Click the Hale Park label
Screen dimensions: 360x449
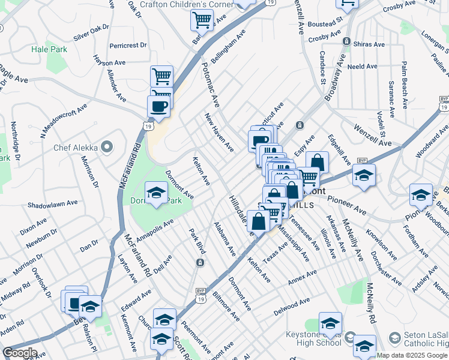click(49, 50)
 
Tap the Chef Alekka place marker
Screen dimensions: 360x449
click(107, 146)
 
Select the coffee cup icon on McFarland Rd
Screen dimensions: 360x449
click(158, 106)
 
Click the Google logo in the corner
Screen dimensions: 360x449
click(19, 353)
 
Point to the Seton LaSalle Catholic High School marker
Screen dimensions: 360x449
click(394, 338)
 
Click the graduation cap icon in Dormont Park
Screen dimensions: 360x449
click(157, 193)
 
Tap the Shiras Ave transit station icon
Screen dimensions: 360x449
click(346, 41)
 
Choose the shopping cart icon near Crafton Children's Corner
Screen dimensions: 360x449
click(202, 20)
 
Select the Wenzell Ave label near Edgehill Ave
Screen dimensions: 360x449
click(372, 136)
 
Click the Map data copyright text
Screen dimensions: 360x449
click(412, 355)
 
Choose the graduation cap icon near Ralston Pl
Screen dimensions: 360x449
click(90, 306)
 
